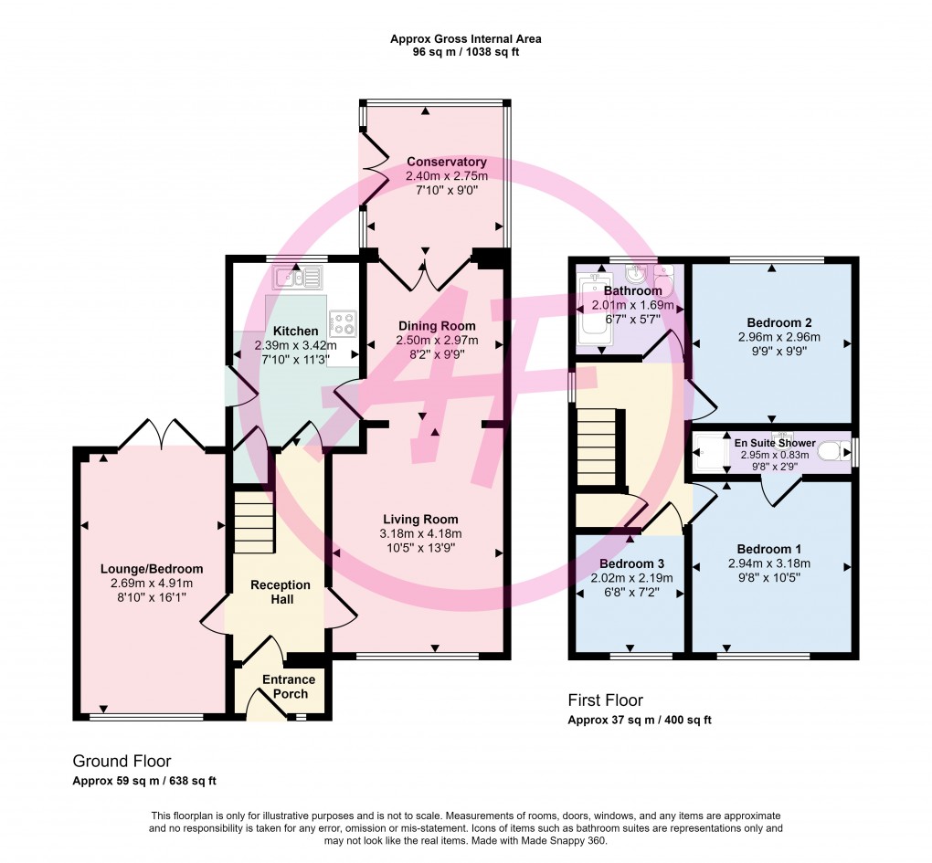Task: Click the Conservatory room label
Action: tap(447, 162)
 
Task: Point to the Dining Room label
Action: tap(437, 326)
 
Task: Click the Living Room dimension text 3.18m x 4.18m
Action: tap(420, 533)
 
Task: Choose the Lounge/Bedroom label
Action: tap(152, 569)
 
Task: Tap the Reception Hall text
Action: tap(281, 592)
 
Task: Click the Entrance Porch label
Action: tap(289, 687)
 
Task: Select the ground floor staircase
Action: tap(254, 521)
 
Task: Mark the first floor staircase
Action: tap(598, 447)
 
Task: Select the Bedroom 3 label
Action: tap(631, 563)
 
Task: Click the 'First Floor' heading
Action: tap(605, 700)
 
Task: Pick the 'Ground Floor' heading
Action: tap(122, 761)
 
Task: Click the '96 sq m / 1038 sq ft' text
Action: tap(466, 52)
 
